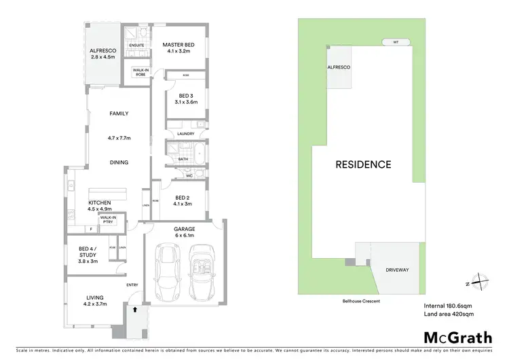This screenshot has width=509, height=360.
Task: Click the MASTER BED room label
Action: click(x=178, y=46)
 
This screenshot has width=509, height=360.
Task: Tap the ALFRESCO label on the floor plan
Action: click(x=104, y=51)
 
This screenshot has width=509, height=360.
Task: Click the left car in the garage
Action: click(x=166, y=272)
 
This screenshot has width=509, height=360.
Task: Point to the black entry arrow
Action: click(x=134, y=309)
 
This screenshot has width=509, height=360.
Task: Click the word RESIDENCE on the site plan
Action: click(x=363, y=164)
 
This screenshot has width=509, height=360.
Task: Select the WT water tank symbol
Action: click(x=396, y=42)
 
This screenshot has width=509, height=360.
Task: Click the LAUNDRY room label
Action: click(x=185, y=134)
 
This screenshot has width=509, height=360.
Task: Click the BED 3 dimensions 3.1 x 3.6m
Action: click(x=185, y=102)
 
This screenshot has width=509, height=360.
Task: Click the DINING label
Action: click(x=119, y=162)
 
